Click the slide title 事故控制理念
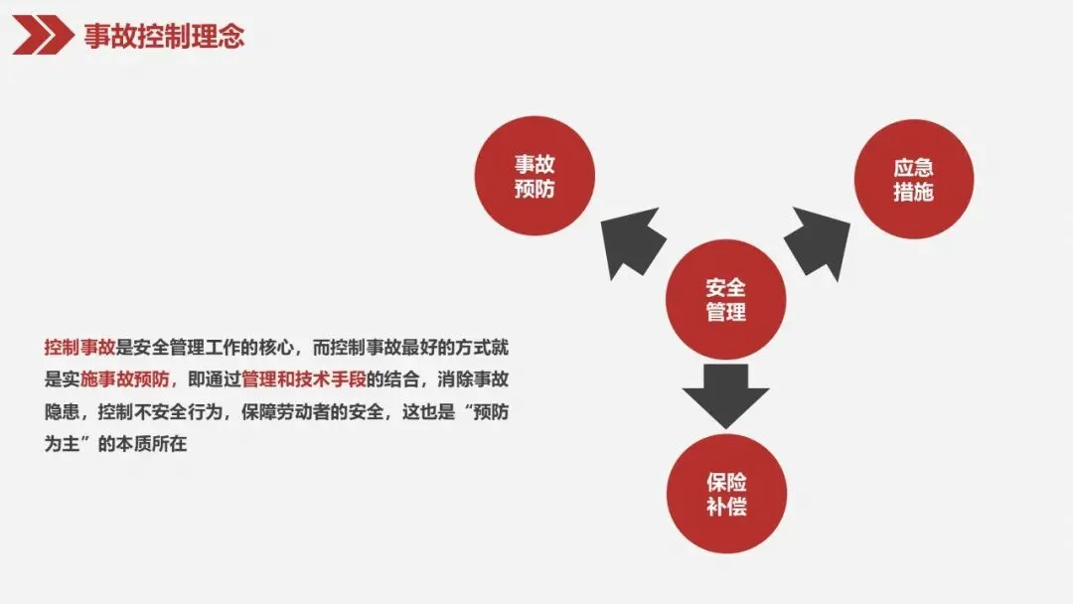(164, 37)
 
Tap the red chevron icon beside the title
(43, 37)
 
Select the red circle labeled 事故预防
(535, 176)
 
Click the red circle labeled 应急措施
(913, 179)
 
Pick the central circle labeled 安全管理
(725, 299)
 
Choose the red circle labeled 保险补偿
(726, 494)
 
